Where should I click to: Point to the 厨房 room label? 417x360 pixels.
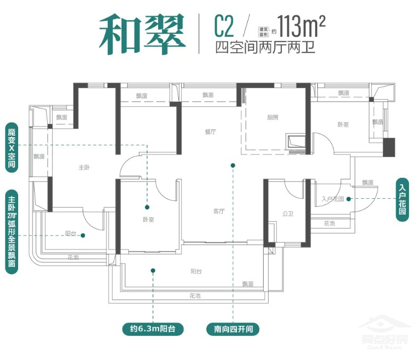pyautogui.click(x=272, y=118)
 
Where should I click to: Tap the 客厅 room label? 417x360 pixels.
pyautogui.click(x=218, y=211)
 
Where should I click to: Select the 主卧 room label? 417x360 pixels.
pyautogui.click(x=84, y=168)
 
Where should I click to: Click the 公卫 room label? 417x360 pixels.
pyautogui.click(x=288, y=214)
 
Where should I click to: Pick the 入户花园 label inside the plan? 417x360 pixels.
pyautogui.click(x=332, y=199)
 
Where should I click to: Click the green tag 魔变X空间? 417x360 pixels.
pyautogui.click(x=12, y=148)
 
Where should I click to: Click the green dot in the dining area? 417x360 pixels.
pyautogui.click(x=233, y=166)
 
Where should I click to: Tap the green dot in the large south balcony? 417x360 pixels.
pyautogui.click(x=153, y=270)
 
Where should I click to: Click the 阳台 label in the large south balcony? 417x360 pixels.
pyautogui.click(x=196, y=272)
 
